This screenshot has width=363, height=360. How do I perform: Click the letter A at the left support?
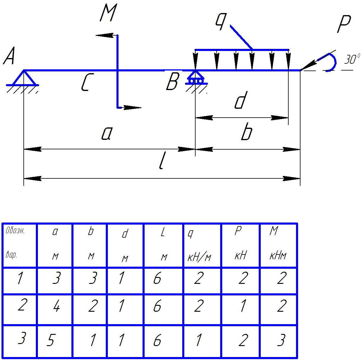(x=9, y=57)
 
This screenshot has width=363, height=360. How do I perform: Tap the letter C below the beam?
(x=85, y=82)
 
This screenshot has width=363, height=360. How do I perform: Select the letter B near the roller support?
(x=172, y=82)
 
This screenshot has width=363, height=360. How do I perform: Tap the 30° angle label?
(x=352, y=59)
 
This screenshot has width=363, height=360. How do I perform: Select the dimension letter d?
(x=240, y=101)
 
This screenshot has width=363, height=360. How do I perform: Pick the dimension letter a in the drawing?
(x=106, y=134)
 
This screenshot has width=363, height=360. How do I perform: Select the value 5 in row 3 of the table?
(x=50, y=341)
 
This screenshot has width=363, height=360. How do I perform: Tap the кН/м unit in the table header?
(x=199, y=257)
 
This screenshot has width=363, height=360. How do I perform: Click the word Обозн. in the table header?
(x=15, y=231)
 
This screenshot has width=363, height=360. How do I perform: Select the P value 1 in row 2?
(x=242, y=306)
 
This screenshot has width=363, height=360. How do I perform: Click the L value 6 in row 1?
(x=157, y=279)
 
